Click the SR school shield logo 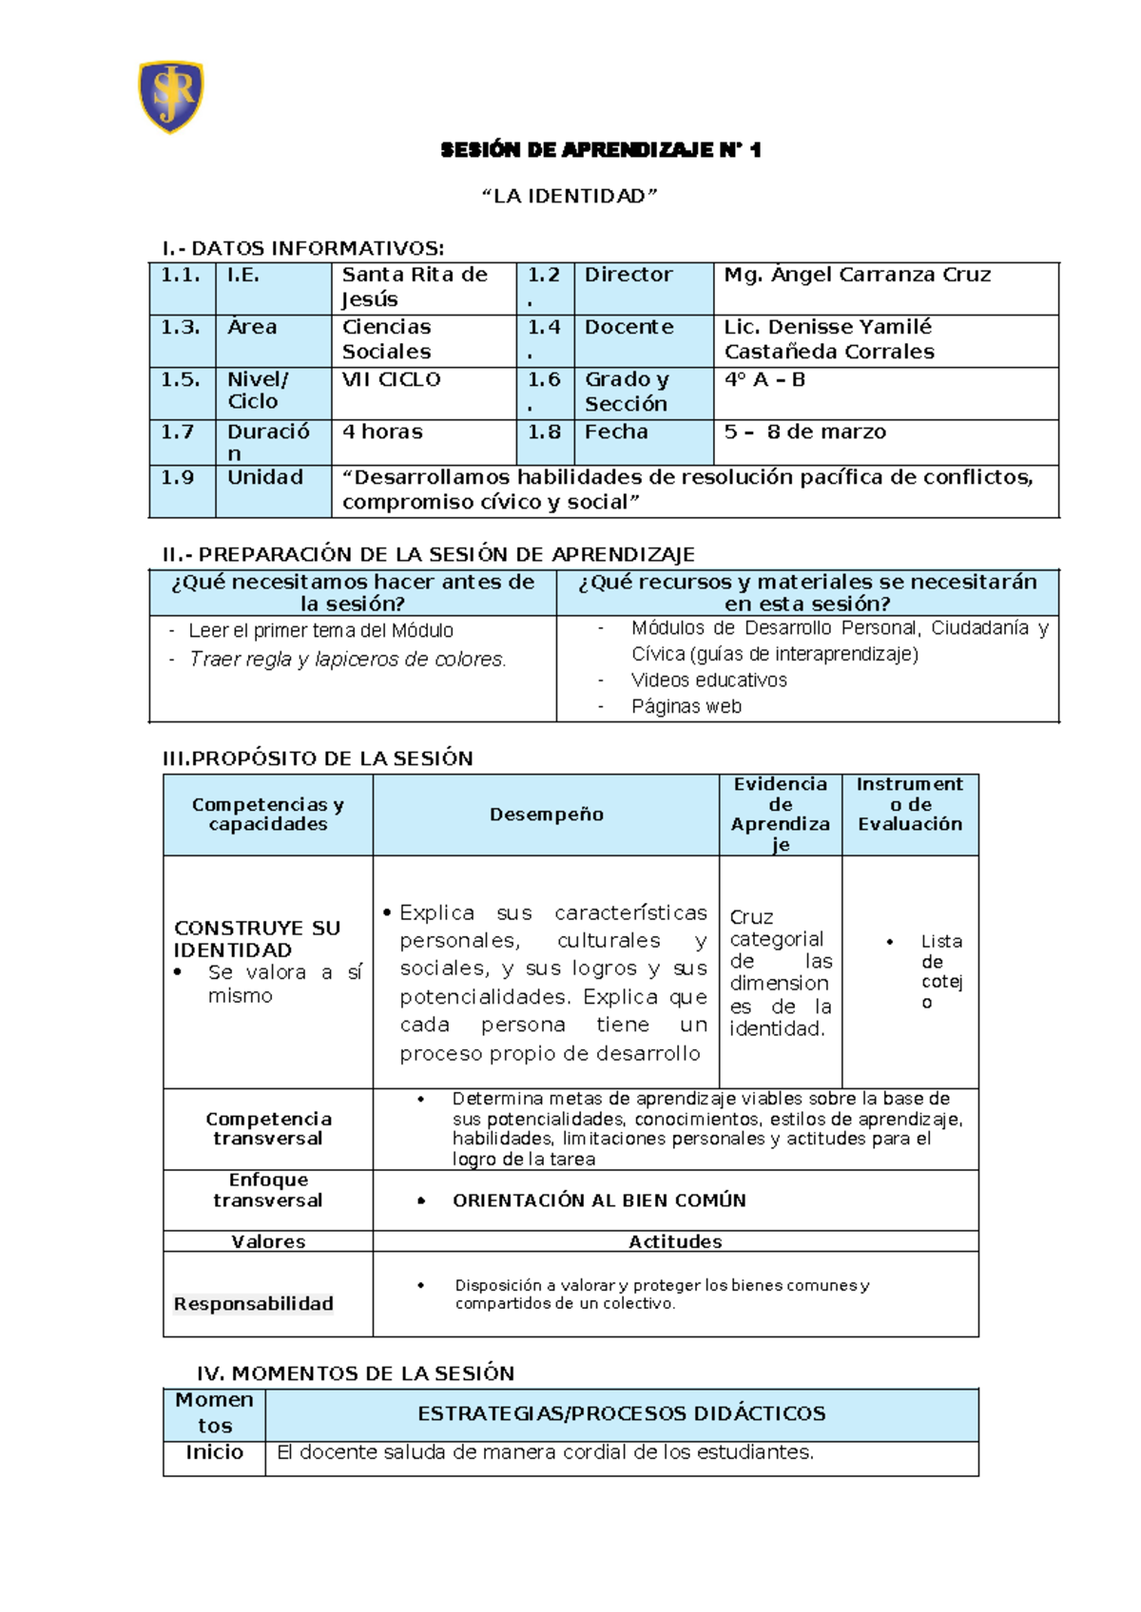pos(171,96)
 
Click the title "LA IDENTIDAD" pos(570,196)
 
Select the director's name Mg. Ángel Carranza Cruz pos(857,275)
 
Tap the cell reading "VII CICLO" pos(391,379)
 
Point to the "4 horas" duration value pos(382,432)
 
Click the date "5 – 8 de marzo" pos(804,432)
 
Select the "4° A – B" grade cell pos(764,379)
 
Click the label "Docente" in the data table pos(629,327)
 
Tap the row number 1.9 pos(178,477)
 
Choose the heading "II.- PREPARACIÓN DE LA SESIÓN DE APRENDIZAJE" pos(429,554)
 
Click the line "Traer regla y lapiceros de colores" pos(347,659)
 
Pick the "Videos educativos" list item pos(708,680)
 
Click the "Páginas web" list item pos(686,706)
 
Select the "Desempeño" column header pos(546,815)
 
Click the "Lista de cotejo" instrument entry pos(940,970)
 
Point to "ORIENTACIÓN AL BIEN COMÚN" pos(599,1200)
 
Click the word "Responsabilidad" pos(253,1303)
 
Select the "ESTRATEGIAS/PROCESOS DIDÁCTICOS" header pos(621,1413)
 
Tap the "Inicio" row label pos(214,1452)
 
